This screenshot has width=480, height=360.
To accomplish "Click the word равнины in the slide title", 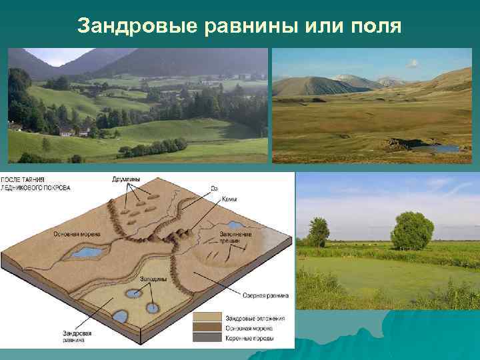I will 238,26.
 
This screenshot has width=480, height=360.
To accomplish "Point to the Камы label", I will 228,199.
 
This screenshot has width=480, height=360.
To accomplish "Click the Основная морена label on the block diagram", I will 75,234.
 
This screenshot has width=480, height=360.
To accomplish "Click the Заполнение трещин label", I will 237,237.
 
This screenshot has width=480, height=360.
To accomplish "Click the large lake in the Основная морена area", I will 85,252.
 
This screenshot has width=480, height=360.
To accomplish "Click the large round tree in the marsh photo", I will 412,231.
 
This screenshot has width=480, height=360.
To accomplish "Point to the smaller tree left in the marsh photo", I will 319,231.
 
